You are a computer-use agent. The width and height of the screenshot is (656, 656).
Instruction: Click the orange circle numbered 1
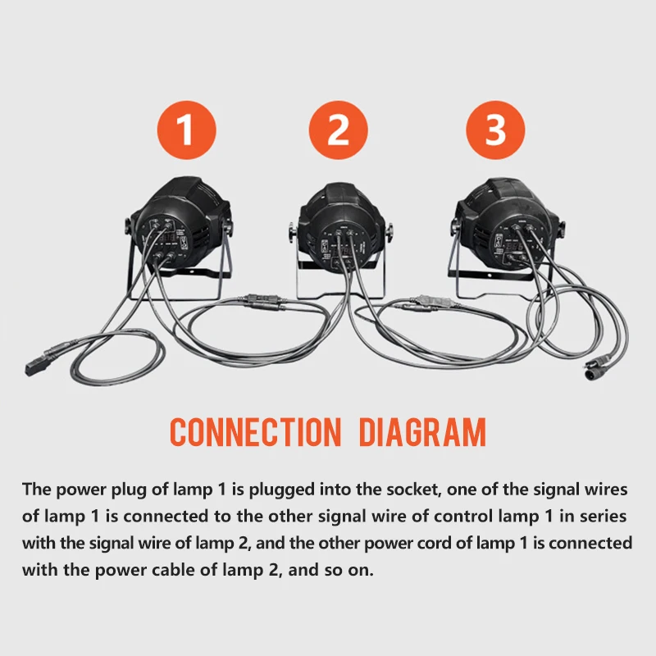tap(187, 130)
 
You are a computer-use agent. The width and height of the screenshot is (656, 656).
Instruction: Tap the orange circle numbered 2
tap(338, 130)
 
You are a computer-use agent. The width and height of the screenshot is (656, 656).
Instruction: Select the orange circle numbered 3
tap(495, 130)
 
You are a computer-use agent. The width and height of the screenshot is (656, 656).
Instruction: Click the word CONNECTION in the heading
tap(256, 432)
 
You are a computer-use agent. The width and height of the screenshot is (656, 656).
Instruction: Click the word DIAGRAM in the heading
tap(422, 432)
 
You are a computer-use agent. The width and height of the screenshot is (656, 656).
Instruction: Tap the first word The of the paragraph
tap(36, 489)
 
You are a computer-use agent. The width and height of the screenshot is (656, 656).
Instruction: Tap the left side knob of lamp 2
tap(293, 233)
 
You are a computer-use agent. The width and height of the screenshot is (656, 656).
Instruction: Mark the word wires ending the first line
tap(606, 489)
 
